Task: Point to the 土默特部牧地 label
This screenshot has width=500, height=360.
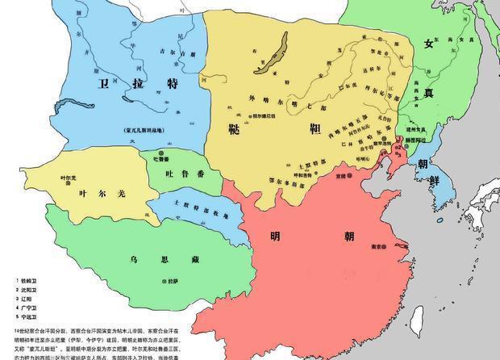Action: (194, 207)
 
